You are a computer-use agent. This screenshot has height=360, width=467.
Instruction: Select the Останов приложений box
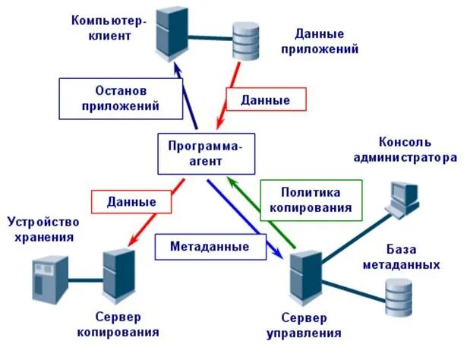(x=121, y=96)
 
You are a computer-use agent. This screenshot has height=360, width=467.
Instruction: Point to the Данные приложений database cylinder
(x=246, y=40)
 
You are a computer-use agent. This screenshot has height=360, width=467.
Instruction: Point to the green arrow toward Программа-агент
(x=262, y=212)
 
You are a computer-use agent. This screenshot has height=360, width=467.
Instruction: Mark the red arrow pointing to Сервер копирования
(x=152, y=216)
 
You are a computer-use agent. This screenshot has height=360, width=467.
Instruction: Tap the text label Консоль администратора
(x=417, y=150)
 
